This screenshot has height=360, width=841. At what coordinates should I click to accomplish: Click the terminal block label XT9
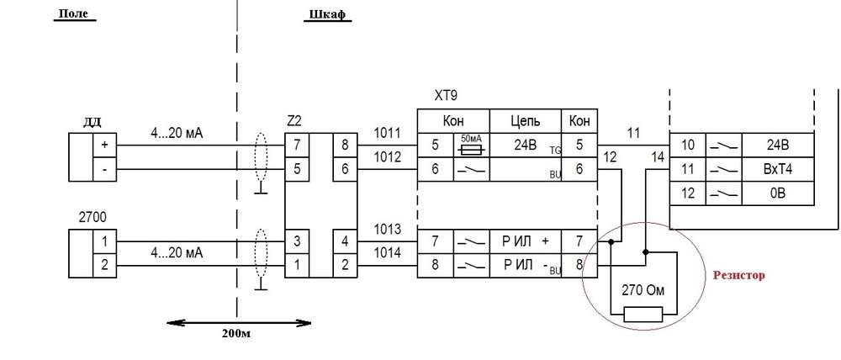click(x=446, y=96)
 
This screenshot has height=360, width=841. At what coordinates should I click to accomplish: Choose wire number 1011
click(x=388, y=133)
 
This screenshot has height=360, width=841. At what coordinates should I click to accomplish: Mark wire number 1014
click(x=388, y=251)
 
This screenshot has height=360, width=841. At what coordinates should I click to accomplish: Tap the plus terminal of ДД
click(x=104, y=144)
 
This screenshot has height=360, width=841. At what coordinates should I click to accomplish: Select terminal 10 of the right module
click(x=686, y=144)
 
